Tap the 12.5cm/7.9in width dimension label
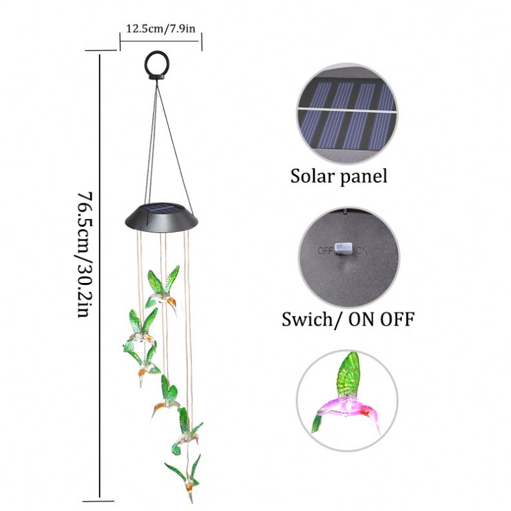pyautogui.click(x=160, y=28)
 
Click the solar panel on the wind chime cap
pyautogui.click(x=159, y=209)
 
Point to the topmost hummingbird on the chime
pyautogui.click(x=163, y=288)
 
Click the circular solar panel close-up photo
pyautogui.click(x=347, y=114)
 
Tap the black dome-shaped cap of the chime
pyautogui.click(x=159, y=220)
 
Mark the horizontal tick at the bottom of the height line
pyautogui.click(x=100, y=498)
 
